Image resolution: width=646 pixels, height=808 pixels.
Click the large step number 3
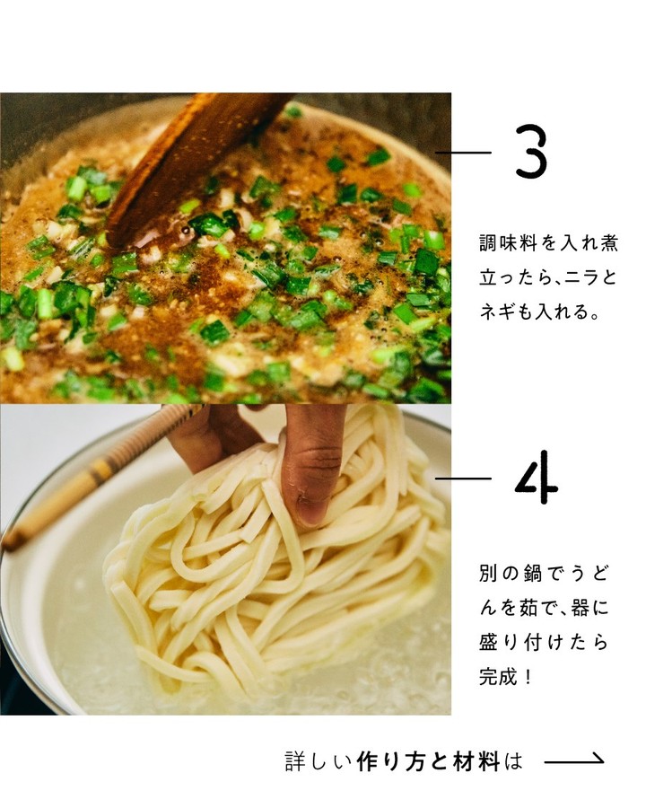pos(530,152)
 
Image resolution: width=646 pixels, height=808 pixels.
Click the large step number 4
pos(537,479)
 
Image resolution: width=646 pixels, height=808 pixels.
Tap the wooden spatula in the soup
pos(196,165)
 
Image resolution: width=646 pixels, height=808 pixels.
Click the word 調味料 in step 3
pos(509,242)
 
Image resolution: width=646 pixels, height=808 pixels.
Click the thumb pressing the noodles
pos(312,464)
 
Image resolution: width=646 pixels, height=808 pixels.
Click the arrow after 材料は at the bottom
pos(574,760)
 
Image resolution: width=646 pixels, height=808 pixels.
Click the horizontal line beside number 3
pos(463,153)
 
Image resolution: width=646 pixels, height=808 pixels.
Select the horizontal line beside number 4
pos(463,479)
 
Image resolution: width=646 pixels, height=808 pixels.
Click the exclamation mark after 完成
pos(527,677)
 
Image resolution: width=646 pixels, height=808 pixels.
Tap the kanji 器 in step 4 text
pos(581,608)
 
